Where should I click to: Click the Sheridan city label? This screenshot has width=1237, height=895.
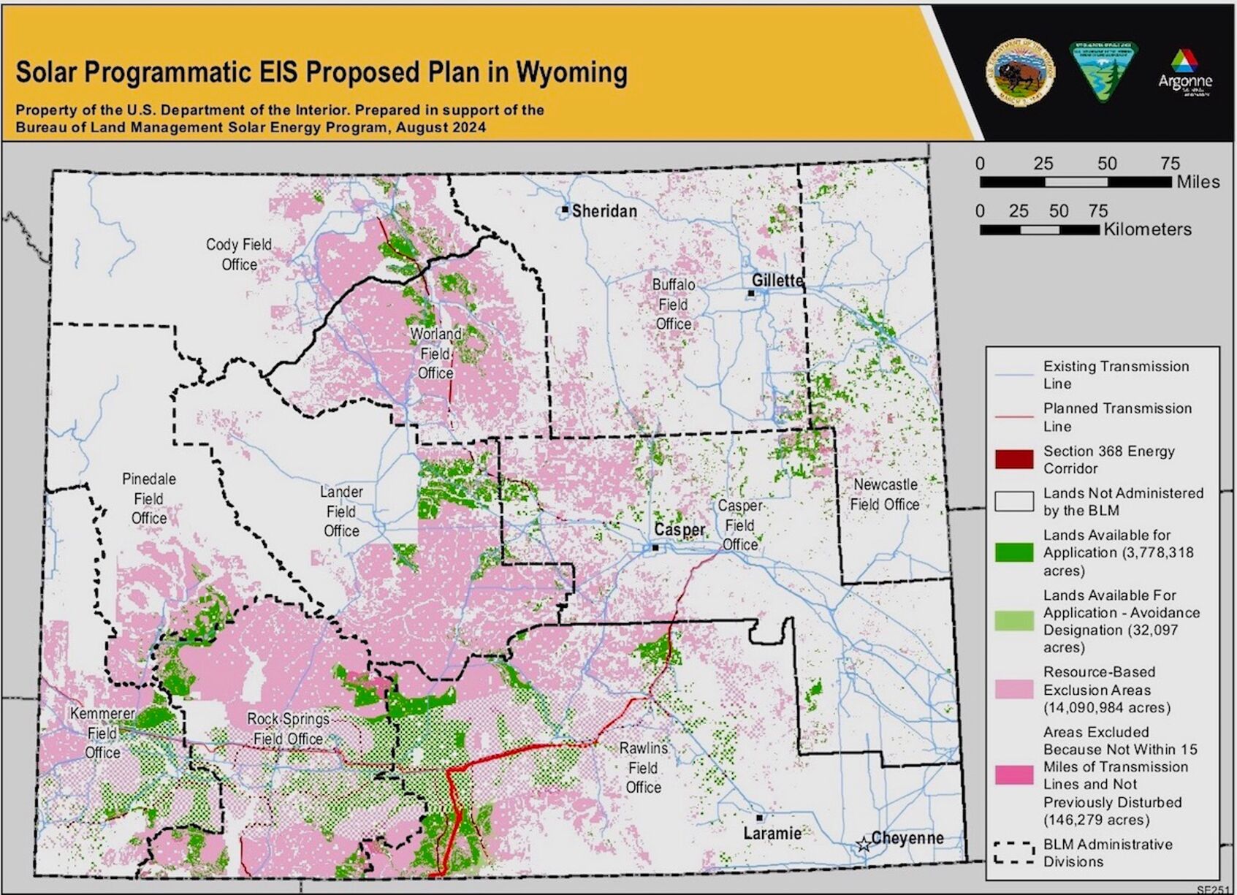604,211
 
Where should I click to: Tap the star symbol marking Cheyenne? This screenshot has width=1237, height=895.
863,845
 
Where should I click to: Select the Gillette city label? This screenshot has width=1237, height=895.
777,281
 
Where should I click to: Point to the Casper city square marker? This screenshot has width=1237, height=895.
655,547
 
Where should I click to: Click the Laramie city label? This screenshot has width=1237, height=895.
772,833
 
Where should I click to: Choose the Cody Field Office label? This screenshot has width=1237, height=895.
239,254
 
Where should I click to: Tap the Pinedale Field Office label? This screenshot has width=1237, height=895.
149,499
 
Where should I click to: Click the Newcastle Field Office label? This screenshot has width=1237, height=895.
885,495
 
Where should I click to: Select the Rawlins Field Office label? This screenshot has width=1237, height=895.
644,768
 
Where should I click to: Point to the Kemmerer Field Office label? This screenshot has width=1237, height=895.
102,733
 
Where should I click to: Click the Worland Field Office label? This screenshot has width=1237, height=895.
435,354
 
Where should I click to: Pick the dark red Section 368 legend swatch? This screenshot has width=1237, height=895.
1013,460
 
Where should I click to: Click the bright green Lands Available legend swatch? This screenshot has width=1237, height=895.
1013,552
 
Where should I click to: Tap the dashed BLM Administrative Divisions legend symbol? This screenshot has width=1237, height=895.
1013,853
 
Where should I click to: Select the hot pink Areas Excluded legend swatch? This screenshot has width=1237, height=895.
1013,775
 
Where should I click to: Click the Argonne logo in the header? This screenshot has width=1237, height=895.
1184,72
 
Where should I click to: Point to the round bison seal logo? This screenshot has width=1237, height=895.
1020,72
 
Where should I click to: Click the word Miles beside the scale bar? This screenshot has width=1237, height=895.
1198,182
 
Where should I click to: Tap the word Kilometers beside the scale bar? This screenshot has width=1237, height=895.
1147,229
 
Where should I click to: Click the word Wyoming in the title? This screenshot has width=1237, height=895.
571,72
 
